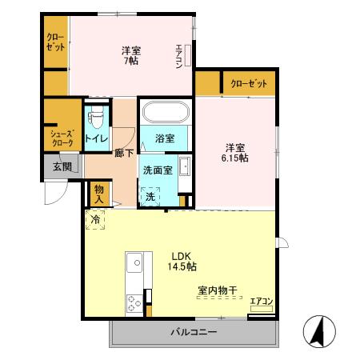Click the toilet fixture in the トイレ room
(x=98, y=117)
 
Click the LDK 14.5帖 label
(x=182, y=262)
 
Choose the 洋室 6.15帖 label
(x=235, y=152)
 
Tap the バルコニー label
(x=192, y=331)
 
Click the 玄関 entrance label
(x=62, y=167)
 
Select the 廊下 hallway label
(x=124, y=152)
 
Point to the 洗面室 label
(x=158, y=170)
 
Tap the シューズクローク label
(x=62, y=138)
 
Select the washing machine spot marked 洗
(x=150, y=197)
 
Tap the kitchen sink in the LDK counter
(x=133, y=261)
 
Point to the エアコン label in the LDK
(x=262, y=302)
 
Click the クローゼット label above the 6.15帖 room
(x=249, y=83)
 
